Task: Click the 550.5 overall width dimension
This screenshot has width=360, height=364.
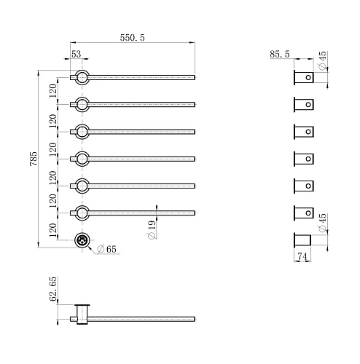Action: pos(132,38)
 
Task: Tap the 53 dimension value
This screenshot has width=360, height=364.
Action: pos(76,54)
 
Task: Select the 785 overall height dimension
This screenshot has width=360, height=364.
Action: pos(34,159)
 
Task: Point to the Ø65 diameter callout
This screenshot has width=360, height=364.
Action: pos(106,249)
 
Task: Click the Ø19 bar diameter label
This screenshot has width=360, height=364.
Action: pos(152,230)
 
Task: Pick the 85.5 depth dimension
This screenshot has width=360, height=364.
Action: pos(280,54)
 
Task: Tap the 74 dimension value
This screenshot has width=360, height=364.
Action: pos(302,256)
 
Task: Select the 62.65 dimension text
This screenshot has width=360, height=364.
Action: pos(52,289)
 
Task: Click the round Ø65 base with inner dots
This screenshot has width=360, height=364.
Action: pos(82,240)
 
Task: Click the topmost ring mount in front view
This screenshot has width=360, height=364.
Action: pos(82,71)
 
